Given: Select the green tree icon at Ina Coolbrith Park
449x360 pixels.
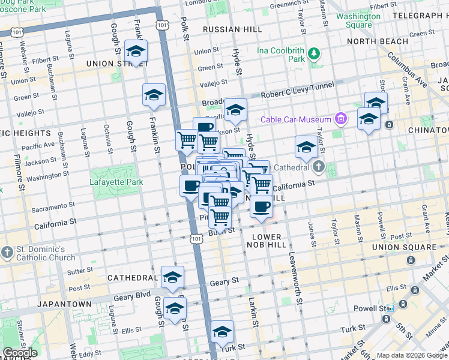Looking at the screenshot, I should [x=313, y=55].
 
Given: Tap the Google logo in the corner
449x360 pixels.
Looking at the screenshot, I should [x=19, y=353].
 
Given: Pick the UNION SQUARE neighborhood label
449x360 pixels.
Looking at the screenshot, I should [x=402, y=247].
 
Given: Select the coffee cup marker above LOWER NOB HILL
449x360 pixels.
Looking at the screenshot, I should [x=261, y=208].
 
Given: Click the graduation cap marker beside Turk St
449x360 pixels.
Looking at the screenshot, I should [x=222, y=332].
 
